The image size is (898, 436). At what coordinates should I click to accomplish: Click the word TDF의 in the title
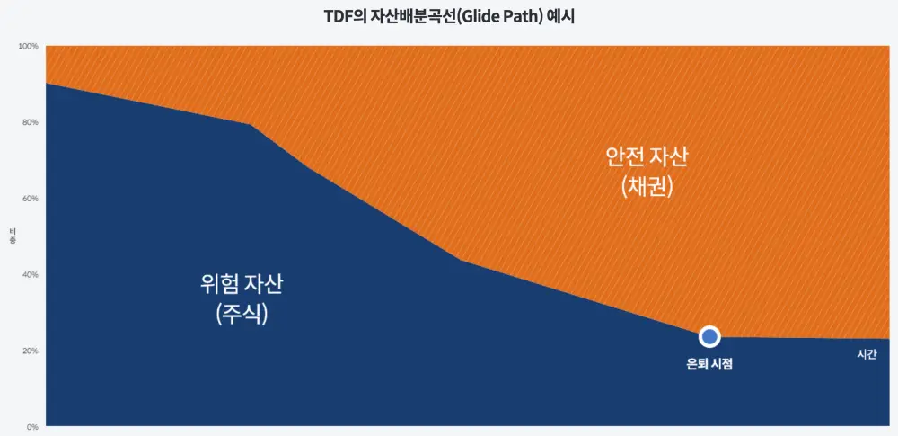tap(340, 16)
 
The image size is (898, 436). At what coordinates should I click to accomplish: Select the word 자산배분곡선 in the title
tap(406, 16)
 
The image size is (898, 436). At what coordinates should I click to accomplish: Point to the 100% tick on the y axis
tap(29, 46)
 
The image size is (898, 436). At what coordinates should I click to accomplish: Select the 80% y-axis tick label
tap(31, 122)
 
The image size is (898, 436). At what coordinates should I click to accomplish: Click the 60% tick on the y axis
tap(31, 199)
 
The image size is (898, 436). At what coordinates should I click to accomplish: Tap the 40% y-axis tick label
tap(31, 275)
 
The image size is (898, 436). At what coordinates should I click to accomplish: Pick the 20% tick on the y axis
tap(31, 351)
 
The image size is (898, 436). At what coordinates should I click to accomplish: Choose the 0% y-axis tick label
tap(32, 427)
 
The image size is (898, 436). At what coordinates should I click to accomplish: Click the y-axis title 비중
tap(13, 236)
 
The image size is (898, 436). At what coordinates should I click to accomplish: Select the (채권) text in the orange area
tap(647, 188)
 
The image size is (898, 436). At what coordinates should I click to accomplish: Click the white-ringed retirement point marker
tap(709, 336)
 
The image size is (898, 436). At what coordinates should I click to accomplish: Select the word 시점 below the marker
tap(723, 364)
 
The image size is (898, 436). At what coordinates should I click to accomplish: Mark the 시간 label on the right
tap(867, 354)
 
